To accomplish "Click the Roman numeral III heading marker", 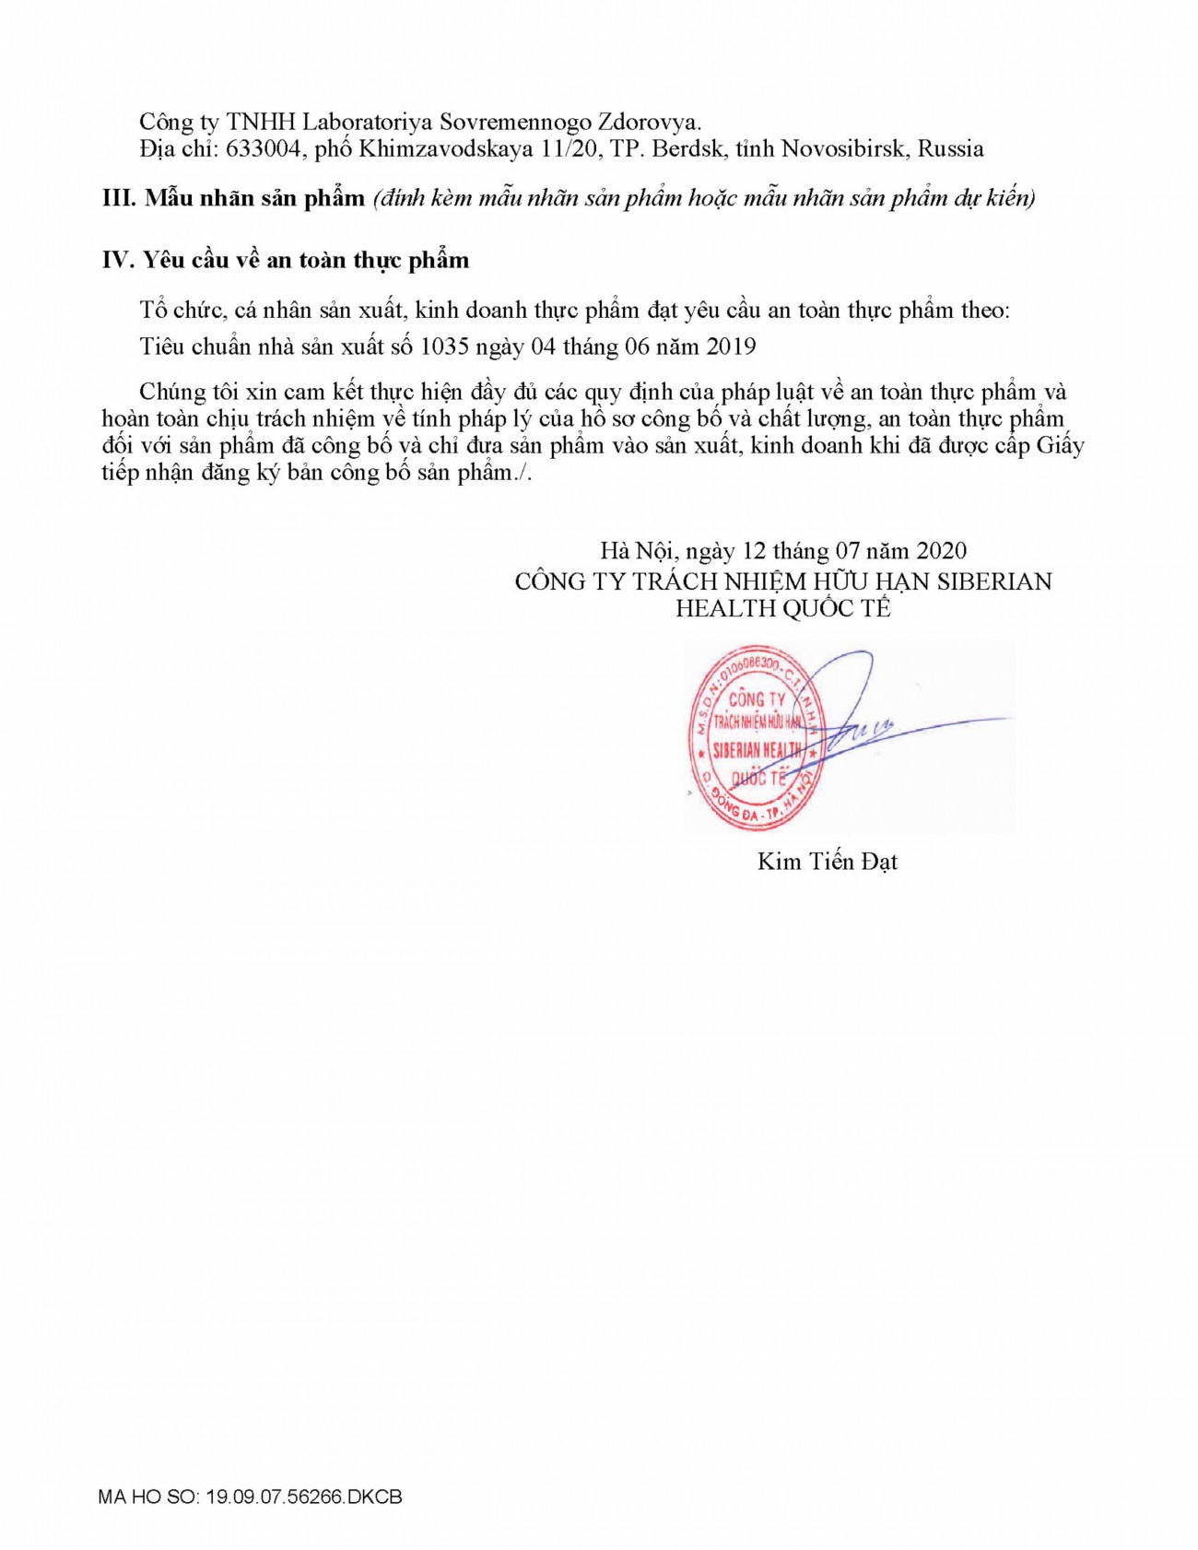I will click(x=119, y=198).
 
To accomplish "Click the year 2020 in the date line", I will click(x=941, y=551).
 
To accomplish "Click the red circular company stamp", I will click(x=756, y=737).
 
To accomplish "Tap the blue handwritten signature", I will click(x=875, y=719).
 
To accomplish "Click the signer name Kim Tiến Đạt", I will click(x=827, y=862).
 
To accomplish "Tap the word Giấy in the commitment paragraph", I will click(x=1061, y=446).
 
